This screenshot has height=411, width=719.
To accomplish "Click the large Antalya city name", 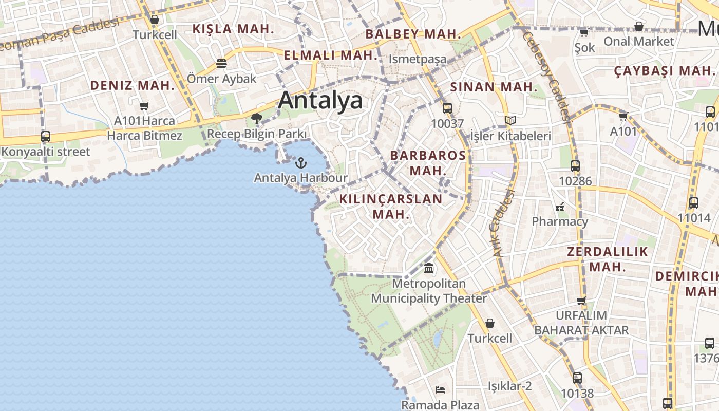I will point(320,100).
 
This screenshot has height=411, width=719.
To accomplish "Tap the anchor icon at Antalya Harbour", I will point(301,163).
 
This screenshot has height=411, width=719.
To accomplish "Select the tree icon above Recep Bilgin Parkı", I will point(257,119).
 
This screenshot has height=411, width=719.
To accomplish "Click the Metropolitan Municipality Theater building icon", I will point(429,268).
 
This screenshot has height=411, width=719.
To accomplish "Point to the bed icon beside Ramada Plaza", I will point(440,389).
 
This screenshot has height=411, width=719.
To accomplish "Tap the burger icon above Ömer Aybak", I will point(221,64).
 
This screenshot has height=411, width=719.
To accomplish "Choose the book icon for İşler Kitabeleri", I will point(510,121).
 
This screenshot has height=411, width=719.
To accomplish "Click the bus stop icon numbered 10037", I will point(447,108).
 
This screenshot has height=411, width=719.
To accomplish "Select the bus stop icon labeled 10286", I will point(575,166).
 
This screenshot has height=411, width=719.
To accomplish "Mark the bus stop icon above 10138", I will point(577,378).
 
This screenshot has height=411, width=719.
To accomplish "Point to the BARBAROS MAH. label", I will point(428,162).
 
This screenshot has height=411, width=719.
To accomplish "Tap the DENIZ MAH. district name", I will point(133,85).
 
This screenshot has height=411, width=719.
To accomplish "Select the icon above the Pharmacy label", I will point(560,207).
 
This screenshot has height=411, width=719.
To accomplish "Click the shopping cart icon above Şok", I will point(584,33).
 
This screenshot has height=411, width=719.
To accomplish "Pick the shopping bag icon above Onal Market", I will point(639,26).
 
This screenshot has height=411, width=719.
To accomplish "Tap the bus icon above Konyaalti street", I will point(46,137).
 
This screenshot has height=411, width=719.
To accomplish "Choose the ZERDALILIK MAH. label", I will point(608,259).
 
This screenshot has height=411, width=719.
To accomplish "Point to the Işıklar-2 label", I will point(509,386).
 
